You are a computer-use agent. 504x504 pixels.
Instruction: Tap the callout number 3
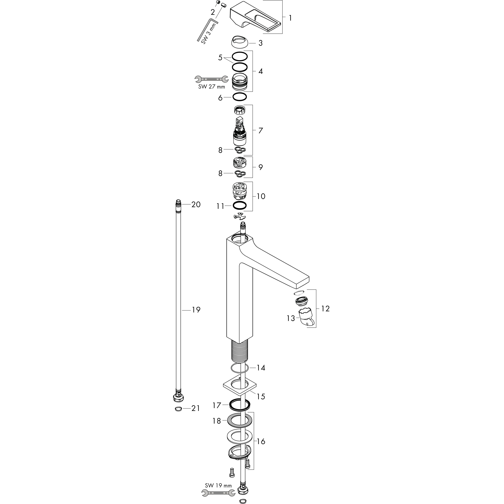[x=260, y=43]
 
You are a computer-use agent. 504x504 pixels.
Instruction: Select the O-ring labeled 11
[x=239, y=206]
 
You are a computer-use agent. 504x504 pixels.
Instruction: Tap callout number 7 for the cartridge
[x=260, y=130]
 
